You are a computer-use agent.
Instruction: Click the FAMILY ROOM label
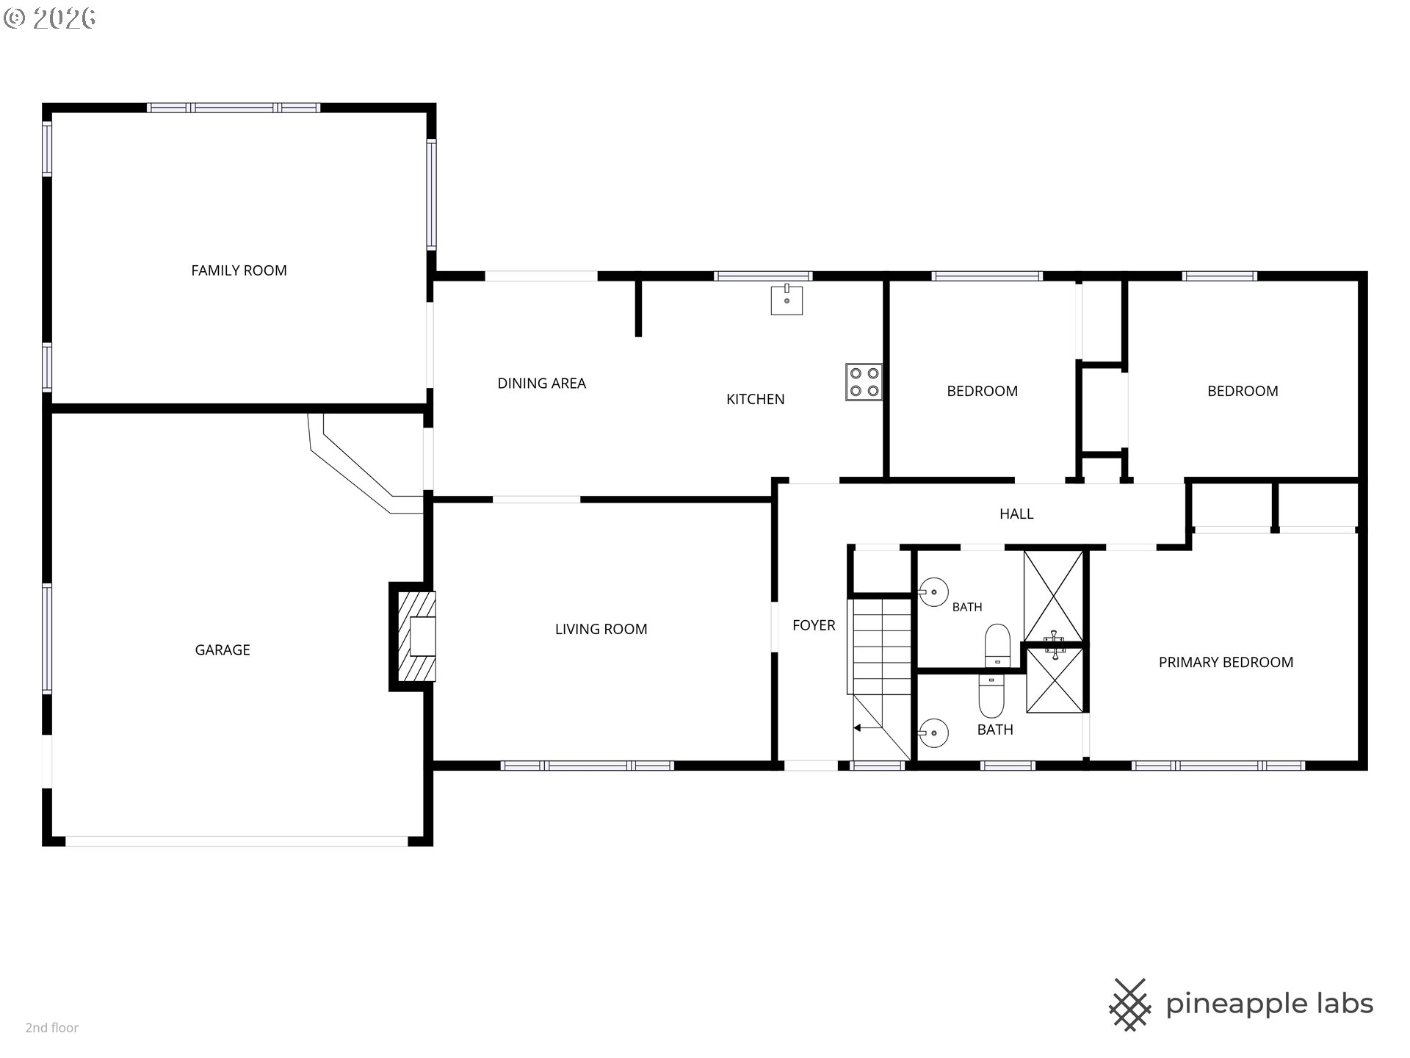[x=239, y=270]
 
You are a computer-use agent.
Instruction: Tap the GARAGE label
[x=223, y=649]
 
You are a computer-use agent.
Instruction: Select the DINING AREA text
[x=542, y=383]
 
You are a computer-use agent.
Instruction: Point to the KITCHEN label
[x=756, y=399]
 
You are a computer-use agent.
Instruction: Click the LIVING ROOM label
[x=601, y=629]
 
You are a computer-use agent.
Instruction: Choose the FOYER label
[x=814, y=625]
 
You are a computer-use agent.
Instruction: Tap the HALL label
[x=1016, y=514]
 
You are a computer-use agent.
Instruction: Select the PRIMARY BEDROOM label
[x=1226, y=662]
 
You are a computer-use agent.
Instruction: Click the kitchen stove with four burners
[x=864, y=382]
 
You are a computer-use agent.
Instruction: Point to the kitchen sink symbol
[x=787, y=300]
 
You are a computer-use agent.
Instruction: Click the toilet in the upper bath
[x=997, y=646]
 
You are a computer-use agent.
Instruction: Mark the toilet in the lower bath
[x=991, y=696]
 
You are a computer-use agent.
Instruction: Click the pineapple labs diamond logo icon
[x=1129, y=1004]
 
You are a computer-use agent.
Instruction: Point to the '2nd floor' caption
[x=52, y=1028]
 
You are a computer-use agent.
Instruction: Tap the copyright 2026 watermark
[x=49, y=18]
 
